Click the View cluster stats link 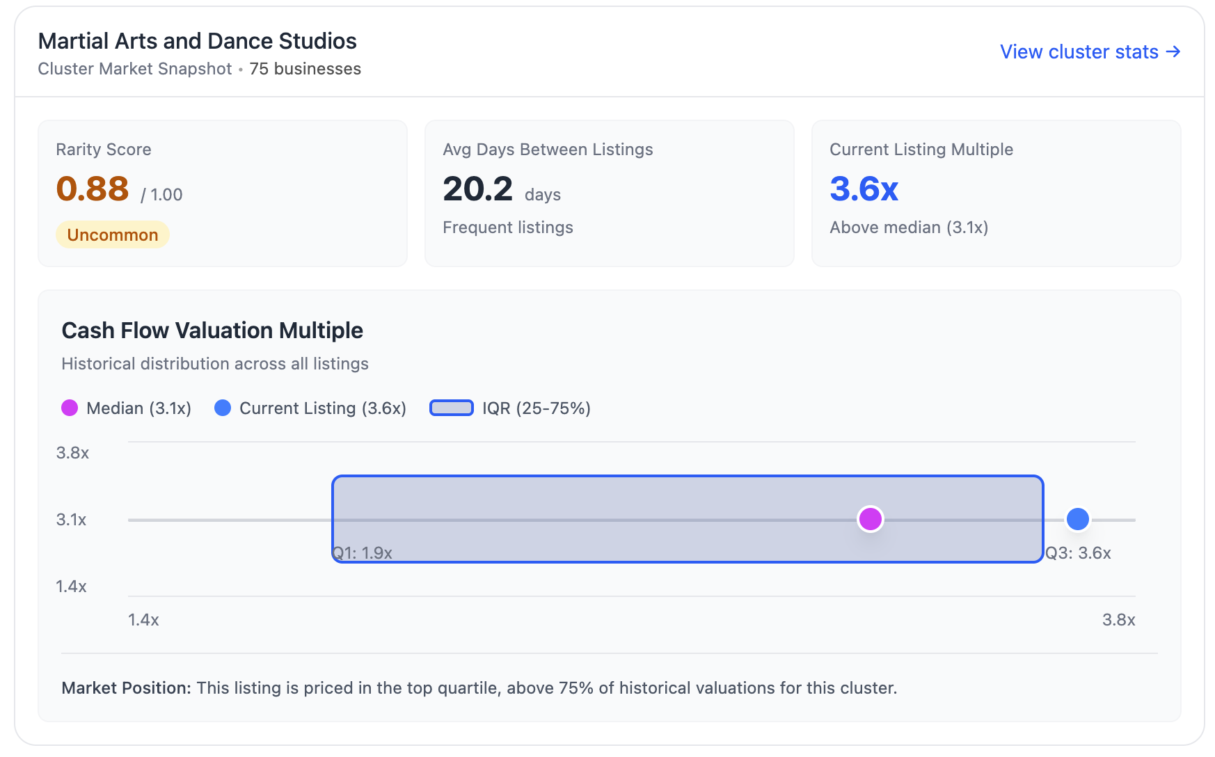tap(1090, 52)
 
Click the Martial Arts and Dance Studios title tap(197, 41)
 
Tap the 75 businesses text tap(305, 69)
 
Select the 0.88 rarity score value tap(93, 189)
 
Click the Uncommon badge tap(113, 235)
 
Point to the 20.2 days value tap(478, 189)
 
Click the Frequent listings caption tap(507, 228)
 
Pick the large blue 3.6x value tap(864, 189)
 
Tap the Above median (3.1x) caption tap(908, 228)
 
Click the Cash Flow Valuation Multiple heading tap(212, 330)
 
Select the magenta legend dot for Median tap(70, 408)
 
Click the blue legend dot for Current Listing tap(223, 408)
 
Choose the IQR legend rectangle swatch tap(452, 408)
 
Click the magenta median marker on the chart tap(870, 519)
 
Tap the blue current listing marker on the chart tap(1077, 519)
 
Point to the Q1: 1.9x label tap(363, 553)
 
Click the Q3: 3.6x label tap(1078, 553)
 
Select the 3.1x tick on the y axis tap(72, 520)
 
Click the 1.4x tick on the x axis tap(143, 620)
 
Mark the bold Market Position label tap(126, 688)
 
